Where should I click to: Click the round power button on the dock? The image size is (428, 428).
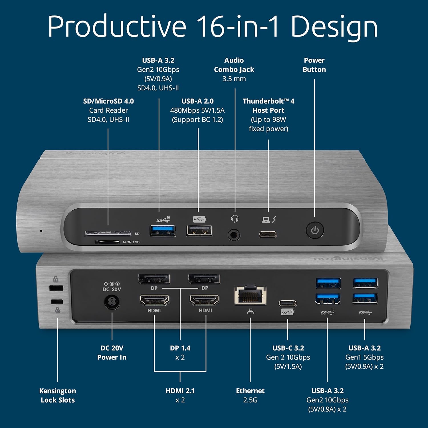(x=315, y=230)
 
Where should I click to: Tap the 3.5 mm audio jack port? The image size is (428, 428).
(x=234, y=235)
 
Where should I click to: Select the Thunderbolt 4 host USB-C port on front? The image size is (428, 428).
(x=268, y=235)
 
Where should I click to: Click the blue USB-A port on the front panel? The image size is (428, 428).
(x=163, y=231)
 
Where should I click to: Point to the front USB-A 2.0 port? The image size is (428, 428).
(x=199, y=231)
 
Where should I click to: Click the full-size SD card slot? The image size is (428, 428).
(x=108, y=233)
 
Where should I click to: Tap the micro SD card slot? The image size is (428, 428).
(x=107, y=242)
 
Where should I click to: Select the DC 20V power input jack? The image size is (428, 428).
(x=112, y=302)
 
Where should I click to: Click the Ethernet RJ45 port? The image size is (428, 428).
(x=250, y=296)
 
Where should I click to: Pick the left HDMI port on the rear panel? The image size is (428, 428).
(x=154, y=300)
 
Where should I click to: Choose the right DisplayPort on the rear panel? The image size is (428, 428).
(x=204, y=279)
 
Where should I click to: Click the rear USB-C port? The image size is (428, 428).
(x=287, y=303)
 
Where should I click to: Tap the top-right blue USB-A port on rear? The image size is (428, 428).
(x=365, y=283)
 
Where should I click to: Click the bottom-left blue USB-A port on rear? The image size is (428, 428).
(x=328, y=299)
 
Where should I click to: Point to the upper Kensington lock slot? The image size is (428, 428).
(x=56, y=288)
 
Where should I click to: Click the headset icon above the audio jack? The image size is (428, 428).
(x=235, y=219)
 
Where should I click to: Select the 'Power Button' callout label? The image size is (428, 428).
(x=314, y=65)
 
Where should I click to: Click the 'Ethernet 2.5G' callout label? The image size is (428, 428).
(x=250, y=395)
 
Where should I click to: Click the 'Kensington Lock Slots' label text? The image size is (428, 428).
(x=58, y=395)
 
